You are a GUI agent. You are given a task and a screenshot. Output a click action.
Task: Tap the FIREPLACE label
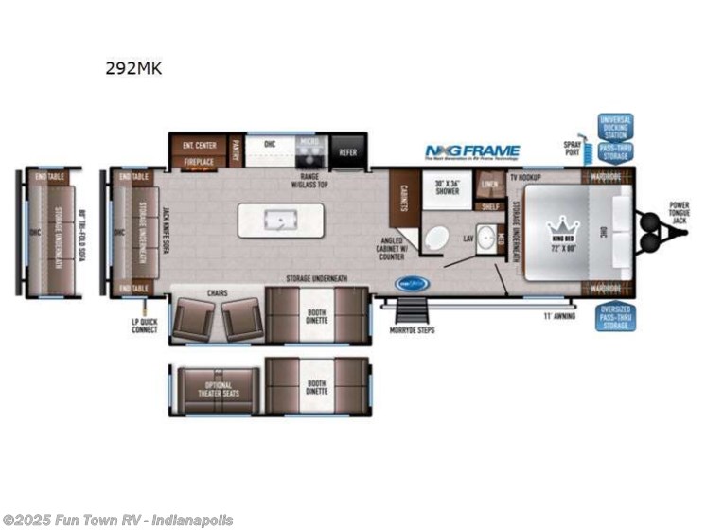pos(199,162)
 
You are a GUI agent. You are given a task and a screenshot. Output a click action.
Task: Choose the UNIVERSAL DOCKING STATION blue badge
pos(615,127)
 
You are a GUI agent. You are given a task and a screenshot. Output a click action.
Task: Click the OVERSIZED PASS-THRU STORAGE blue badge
pos(615,317)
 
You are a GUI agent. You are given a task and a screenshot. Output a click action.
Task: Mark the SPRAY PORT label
pos(573,145)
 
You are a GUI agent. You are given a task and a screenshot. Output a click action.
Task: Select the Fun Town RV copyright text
pos(117,521)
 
